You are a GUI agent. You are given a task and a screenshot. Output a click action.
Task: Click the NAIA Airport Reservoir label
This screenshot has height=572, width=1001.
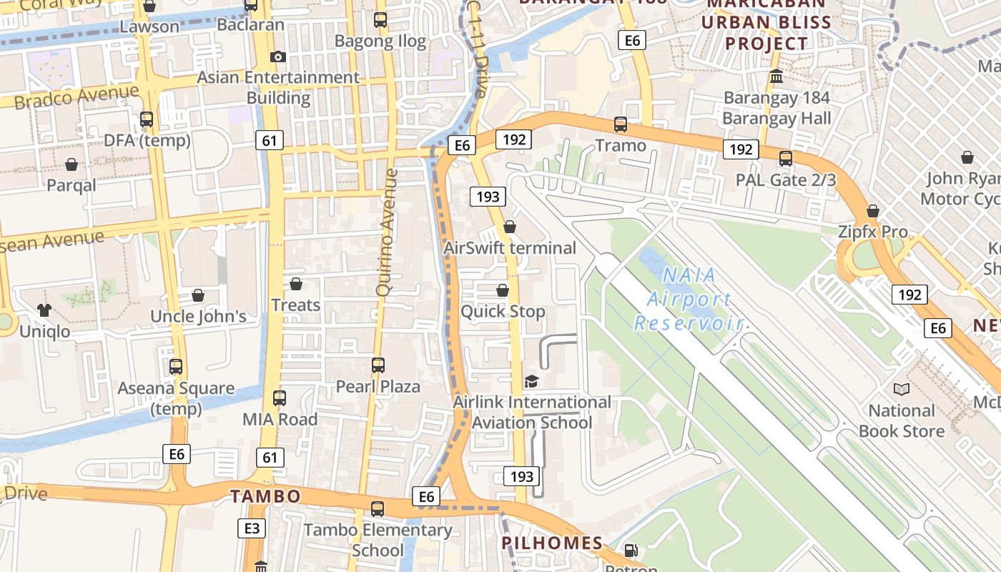click(x=689, y=299)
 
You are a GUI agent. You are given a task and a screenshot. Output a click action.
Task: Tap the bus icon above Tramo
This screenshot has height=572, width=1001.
click(x=621, y=124)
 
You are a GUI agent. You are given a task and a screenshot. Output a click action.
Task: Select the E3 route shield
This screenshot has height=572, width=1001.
click(x=252, y=528)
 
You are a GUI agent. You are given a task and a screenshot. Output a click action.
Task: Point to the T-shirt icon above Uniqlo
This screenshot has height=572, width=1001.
click(x=44, y=310)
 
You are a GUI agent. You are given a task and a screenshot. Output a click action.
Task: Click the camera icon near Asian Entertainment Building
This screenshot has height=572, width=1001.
click(x=278, y=56)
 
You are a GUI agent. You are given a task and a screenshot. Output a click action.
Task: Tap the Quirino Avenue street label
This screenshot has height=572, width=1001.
click(x=387, y=232)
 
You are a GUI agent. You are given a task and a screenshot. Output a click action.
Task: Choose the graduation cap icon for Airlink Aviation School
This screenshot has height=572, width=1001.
click(x=531, y=381)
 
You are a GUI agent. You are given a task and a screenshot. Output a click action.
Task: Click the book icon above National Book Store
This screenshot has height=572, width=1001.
click(x=901, y=389)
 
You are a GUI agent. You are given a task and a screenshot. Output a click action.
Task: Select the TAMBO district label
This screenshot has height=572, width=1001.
click(x=265, y=496)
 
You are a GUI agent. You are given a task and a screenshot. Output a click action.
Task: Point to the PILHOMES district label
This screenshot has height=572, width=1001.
click(x=552, y=543)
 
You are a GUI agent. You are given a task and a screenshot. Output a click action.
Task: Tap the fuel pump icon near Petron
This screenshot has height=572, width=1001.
click(x=631, y=551)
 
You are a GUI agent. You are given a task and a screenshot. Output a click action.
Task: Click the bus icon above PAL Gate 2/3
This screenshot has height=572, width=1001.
click(x=786, y=159)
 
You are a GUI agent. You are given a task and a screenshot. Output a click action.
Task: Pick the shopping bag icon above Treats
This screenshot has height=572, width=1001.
click(x=295, y=284)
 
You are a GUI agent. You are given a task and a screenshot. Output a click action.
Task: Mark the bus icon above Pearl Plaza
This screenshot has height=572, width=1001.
click(x=378, y=365)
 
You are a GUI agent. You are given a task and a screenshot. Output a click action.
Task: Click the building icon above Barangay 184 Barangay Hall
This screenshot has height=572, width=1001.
click(x=776, y=76)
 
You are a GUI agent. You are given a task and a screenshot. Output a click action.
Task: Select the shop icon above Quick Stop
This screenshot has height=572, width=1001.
click(x=503, y=290)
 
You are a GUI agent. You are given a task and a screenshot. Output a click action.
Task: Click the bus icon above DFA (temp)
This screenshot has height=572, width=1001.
click(x=147, y=119)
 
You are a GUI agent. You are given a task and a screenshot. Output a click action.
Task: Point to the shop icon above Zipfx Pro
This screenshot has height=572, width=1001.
click(x=872, y=211)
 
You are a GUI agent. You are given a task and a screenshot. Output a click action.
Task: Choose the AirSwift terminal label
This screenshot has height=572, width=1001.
click(x=510, y=248)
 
